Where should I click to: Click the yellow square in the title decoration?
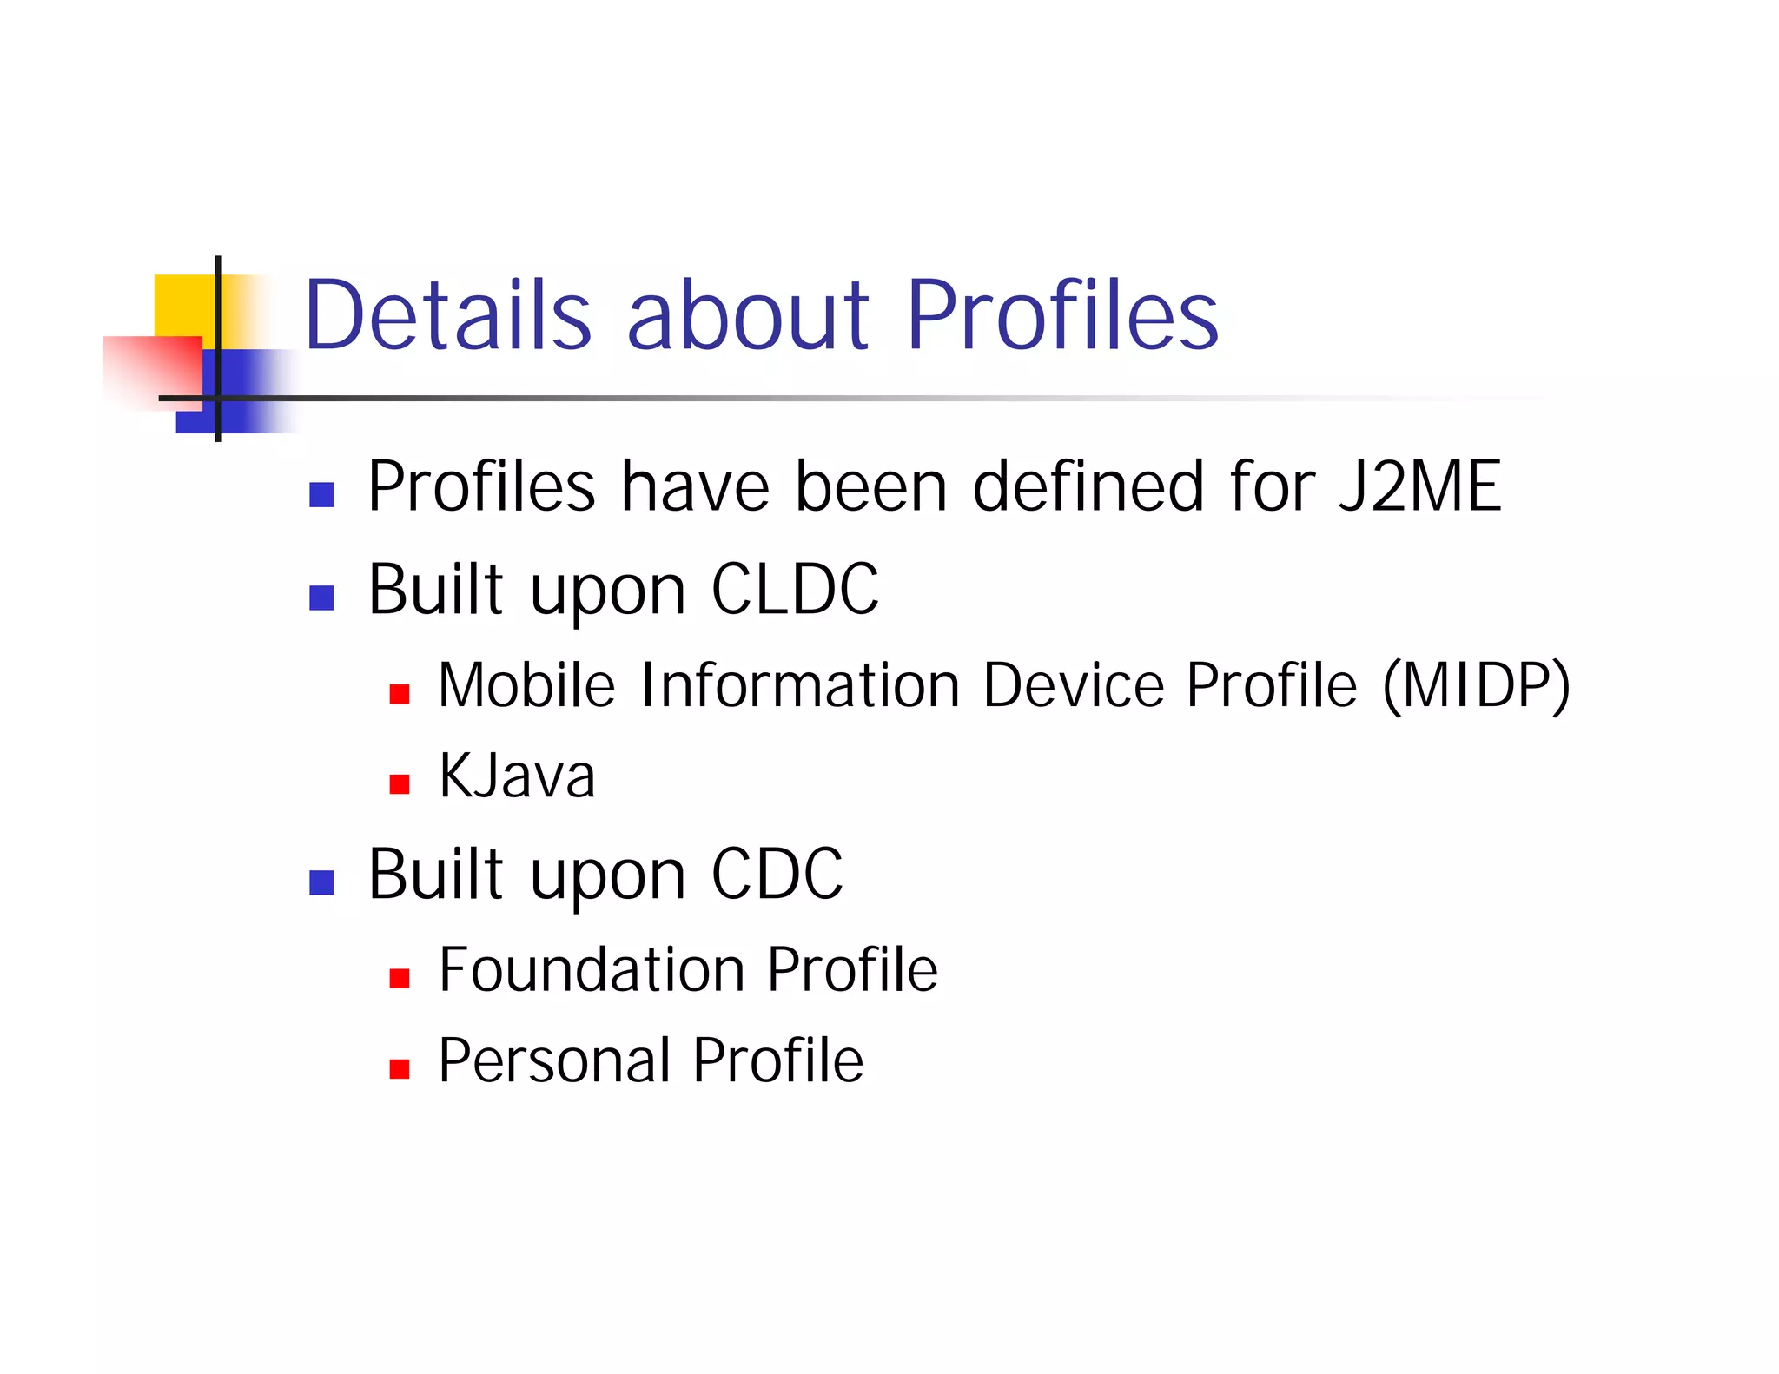[184, 304]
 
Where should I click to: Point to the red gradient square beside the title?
[152, 372]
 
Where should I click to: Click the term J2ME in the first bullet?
[1419, 486]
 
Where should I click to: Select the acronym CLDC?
[794, 590]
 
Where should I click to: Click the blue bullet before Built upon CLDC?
[321, 598]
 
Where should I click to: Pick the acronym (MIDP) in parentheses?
[1476, 686]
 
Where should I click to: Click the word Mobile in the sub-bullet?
[526, 686]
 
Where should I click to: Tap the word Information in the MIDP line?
[798, 686]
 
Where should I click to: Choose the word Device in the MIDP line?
[1073, 686]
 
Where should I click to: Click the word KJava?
[517, 776]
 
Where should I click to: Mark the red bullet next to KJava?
[399, 785]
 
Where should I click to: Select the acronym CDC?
[777, 875]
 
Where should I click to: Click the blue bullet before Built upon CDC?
[321, 882]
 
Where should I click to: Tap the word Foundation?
[591, 970]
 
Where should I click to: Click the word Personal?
[554, 1060]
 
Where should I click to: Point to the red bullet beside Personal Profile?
[399, 1069]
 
